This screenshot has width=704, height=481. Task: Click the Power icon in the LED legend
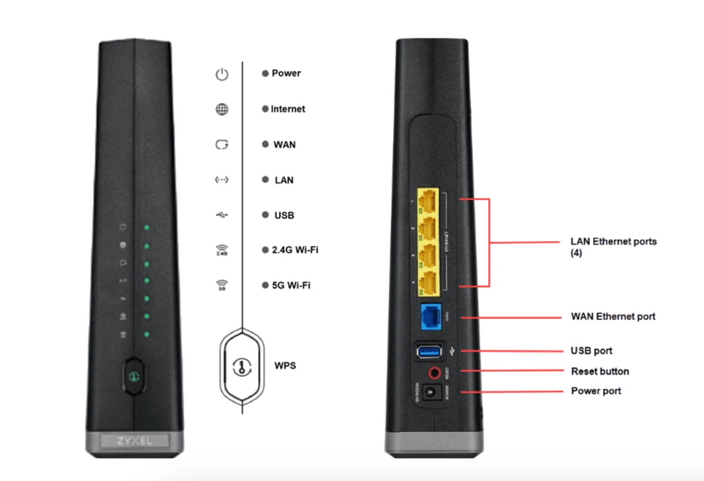221,74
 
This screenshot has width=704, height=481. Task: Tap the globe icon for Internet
221,110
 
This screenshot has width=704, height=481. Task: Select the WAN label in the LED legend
284,144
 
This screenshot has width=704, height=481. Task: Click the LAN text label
284,180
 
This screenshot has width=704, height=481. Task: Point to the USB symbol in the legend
221,215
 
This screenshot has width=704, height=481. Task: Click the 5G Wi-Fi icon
221,286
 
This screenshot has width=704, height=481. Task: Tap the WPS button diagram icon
242,367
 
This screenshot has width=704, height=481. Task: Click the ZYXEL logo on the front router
134,441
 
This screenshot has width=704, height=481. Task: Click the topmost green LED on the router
147,228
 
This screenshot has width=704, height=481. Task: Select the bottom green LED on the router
147,334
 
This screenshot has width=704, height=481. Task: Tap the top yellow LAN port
430,202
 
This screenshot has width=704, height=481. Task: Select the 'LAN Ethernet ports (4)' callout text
613,247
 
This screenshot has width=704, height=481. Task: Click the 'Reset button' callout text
600,371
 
